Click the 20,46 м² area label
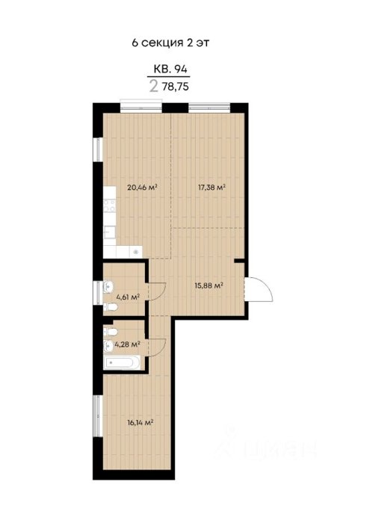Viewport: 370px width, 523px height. coord(142,187)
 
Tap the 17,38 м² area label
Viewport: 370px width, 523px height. coord(212,187)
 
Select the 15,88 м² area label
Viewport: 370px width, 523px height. coord(209,285)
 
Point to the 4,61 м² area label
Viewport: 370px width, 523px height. coord(128,296)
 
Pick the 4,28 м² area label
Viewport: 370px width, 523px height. coord(127,344)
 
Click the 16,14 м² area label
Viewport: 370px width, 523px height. coord(140,422)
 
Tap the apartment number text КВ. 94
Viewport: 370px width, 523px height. coord(170,69)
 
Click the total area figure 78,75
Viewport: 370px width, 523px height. coord(176,87)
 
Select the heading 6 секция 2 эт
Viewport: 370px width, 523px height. coord(170,43)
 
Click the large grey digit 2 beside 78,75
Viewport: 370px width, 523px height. coord(153,86)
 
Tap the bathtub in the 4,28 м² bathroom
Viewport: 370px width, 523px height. coord(122,362)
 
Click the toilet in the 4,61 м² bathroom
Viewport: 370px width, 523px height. coord(110,307)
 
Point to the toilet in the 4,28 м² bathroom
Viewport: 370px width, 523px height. coord(110,332)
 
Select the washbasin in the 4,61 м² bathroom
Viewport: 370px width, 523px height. coord(108,286)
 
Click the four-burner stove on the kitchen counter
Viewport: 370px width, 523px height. coord(109,205)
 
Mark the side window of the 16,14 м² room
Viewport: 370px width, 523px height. coord(97,415)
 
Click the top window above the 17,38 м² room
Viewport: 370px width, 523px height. coord(209,108)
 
